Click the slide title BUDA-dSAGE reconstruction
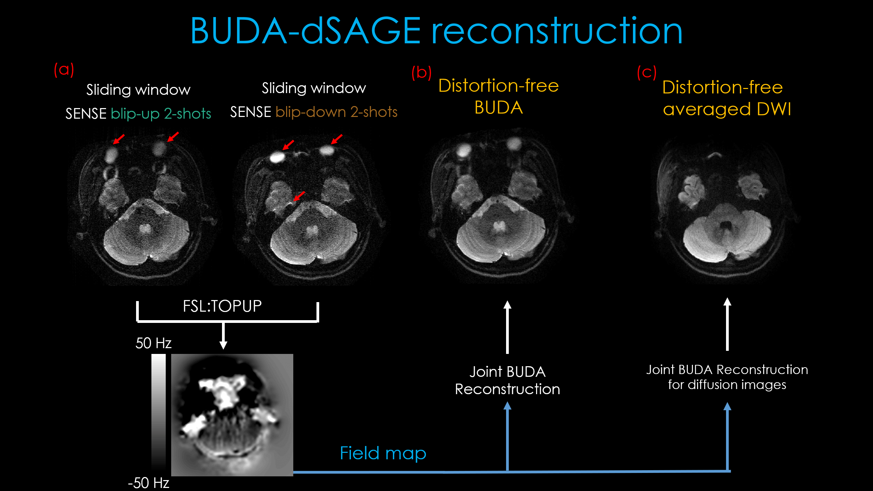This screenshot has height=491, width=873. coord(436,31)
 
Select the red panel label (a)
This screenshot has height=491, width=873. coord(64,70)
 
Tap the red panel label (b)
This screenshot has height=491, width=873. coord(421,73)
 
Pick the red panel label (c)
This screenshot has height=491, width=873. coord(647,73)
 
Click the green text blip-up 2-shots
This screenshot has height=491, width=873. coord(161,114)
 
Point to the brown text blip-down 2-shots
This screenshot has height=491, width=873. coord(336,112)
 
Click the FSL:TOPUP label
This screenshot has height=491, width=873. coord(222,306)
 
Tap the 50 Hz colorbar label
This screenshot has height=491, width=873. coord(153,343)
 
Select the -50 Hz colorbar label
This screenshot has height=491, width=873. coord(149,483)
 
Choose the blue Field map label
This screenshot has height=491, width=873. coord(383,453)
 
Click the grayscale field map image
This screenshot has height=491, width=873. coord(232,415)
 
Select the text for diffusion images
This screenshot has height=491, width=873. coord(727,385)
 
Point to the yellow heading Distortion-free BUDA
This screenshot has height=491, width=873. coord(499,96)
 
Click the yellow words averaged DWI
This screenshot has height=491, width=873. coord(727,109)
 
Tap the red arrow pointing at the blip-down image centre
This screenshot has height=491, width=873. coord(299,196)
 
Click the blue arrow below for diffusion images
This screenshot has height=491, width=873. coord(727,436)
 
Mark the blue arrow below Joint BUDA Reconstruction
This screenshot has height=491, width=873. coord(507,436)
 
